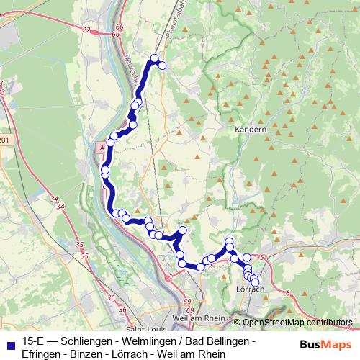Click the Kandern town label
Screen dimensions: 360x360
[x=251, y=130]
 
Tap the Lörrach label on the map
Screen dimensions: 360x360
[x=250, y=289]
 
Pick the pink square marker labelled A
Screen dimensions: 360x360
[x=102, y=146]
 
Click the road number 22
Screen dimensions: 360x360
[x=86, y=30]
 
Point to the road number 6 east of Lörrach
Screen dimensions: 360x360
[x=287, y=292]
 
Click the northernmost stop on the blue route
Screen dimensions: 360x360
[x=154, y=58]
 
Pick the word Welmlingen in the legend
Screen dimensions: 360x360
[x=150, y=340]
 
